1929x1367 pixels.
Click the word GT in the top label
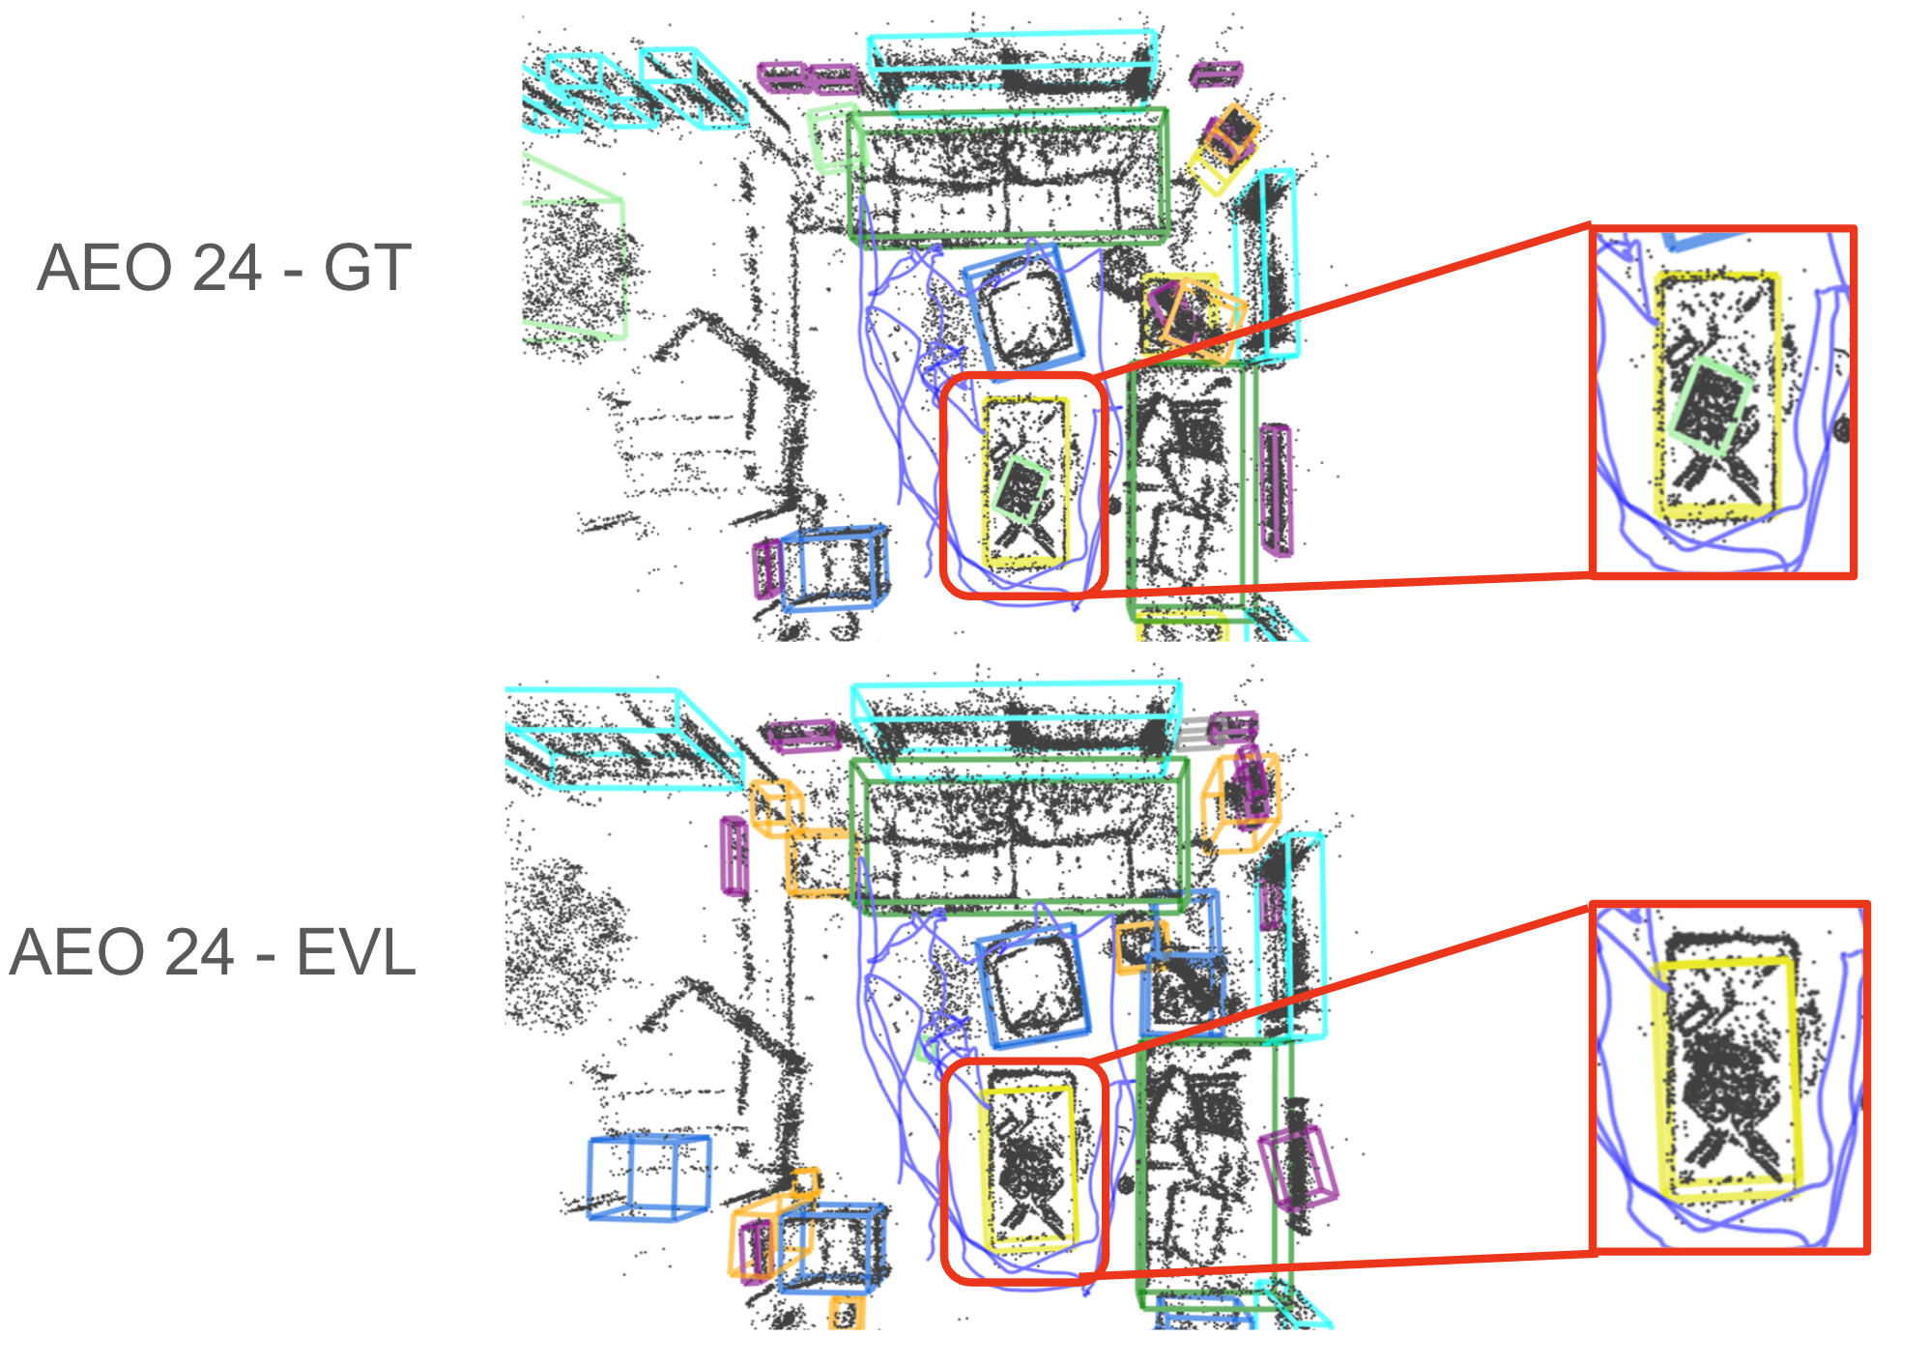point(367,268)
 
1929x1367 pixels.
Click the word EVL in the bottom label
point(355,952)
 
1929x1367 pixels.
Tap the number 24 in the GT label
point(227,268)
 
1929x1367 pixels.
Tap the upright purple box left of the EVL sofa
point(734,856)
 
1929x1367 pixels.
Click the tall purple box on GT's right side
point(1276,490)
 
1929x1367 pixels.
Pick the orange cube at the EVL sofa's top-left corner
point(776,807)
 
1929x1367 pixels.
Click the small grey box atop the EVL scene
point(1195,733)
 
